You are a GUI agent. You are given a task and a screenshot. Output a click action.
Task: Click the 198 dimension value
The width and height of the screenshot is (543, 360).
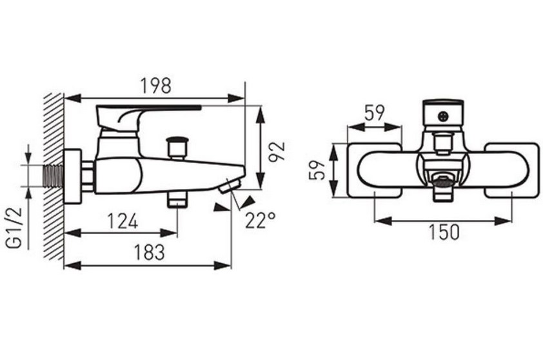tap(156, 86)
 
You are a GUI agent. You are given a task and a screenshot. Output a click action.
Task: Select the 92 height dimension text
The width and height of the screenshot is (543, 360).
tap(277, 152)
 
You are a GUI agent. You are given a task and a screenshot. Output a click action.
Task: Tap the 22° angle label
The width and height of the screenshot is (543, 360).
tap(261, 220)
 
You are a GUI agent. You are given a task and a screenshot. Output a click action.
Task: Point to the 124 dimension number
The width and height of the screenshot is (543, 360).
tap(123, 221)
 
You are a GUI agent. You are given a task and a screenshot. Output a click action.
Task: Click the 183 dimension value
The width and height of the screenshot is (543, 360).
tap(149, 252)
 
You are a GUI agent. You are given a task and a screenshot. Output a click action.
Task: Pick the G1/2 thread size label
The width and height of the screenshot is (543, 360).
tap(14, 228)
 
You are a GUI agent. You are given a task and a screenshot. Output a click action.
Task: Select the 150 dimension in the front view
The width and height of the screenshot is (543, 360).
tap(444, 232)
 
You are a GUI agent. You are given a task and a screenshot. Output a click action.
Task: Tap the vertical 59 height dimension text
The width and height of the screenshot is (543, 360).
tap(317, 170)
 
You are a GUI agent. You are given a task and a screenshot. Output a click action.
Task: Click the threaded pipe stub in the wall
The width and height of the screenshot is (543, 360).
tap(53, 176)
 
